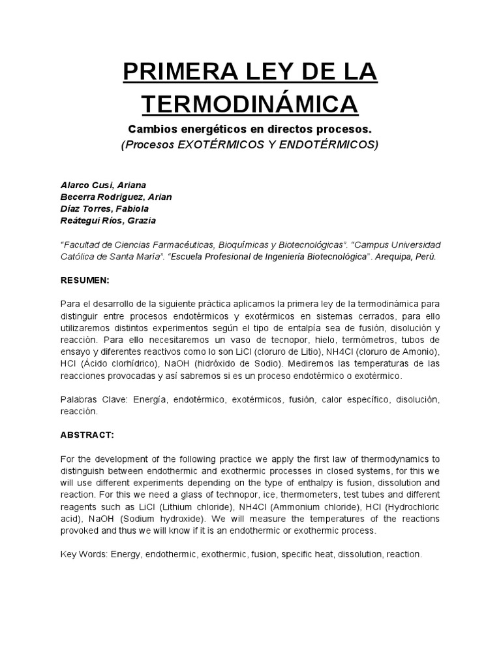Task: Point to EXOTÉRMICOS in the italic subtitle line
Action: point(218,144)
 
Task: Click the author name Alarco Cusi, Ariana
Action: point(103,185)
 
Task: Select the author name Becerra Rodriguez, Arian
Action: point(116,197)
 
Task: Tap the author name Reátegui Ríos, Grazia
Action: point(108,220)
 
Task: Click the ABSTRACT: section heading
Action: point(87,433)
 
